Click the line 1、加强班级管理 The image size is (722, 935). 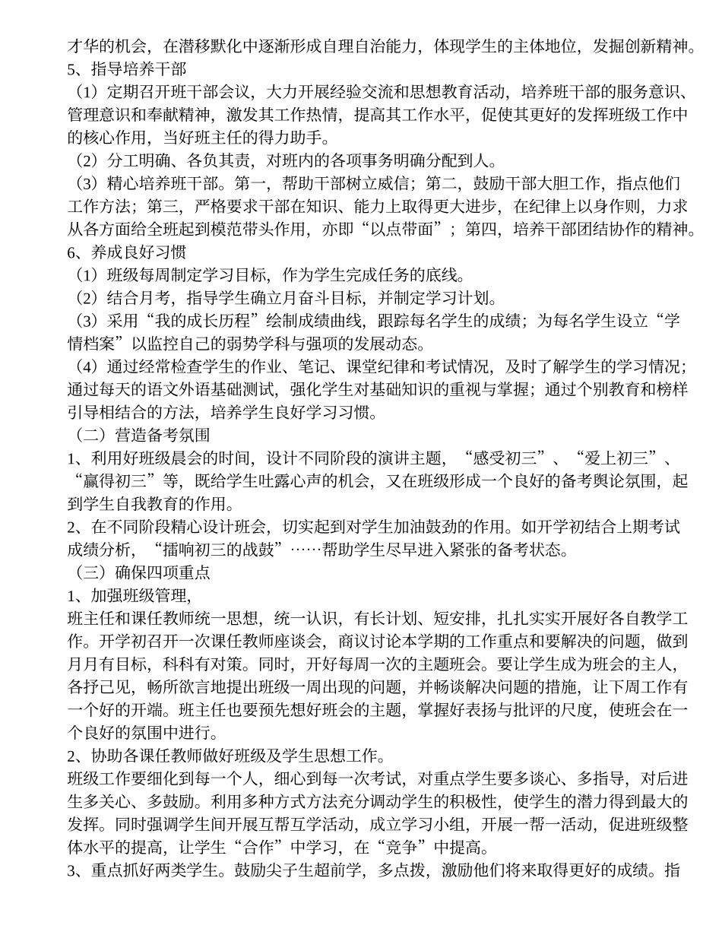click(x=128, y=595)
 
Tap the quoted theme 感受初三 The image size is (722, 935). click(x=508, y=458)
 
